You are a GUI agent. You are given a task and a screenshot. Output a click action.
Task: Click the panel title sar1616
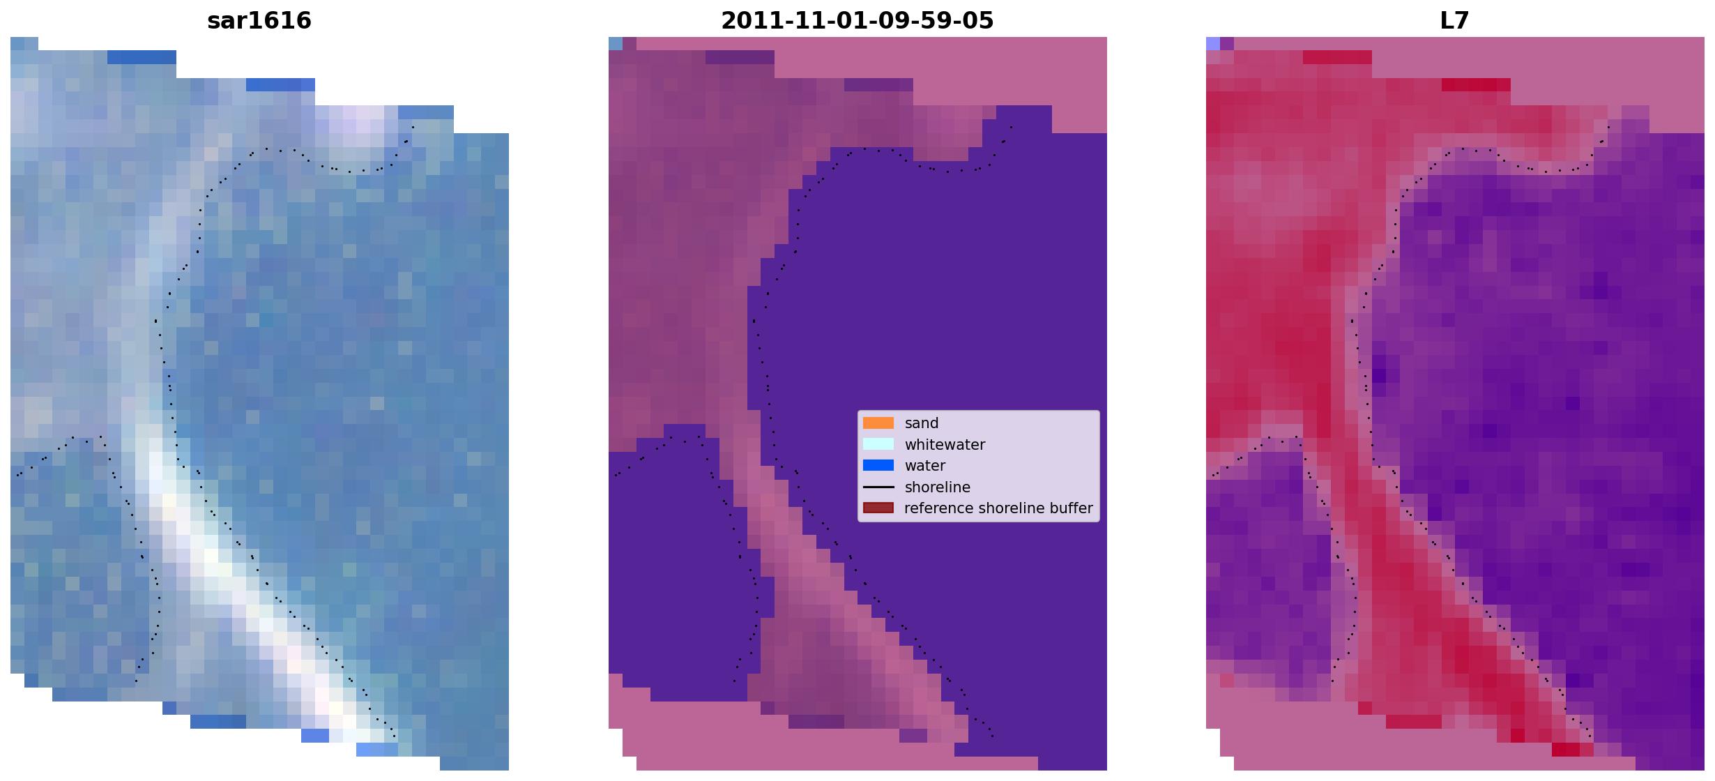pyautogui.click(x=259, y=20)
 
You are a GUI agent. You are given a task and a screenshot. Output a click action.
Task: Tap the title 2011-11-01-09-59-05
pyautogui.click(x=857, y=20)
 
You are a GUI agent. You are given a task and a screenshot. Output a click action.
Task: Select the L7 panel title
pyautogui.click(x=1455, y=20)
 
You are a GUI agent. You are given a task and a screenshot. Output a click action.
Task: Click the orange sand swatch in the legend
pyautogui.click(x=878, y=423)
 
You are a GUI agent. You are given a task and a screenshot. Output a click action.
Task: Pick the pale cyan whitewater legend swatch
pyautogui.click(x=878, y=444)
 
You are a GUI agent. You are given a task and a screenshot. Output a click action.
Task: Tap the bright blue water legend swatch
pyautogui.click(x=878, y=465)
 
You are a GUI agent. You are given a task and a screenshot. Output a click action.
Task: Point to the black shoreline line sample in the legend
pyautogui.click(x=878, y=487)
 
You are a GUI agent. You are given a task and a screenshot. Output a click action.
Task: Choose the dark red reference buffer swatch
pyautogui.click(x=878, y=508)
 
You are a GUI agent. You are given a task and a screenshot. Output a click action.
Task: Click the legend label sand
pyautogui.click(x=922, y=423)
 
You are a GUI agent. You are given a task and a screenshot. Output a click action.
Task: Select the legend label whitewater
pyautogui.click(x=945, y=445)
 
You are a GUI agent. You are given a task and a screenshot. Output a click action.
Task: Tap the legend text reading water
pyautogui.click(x=925, y=466)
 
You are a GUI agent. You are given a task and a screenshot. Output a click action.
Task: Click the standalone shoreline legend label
pyautogui.click(x=938, y=487)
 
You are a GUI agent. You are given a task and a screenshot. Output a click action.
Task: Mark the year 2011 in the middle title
pyautogui.click(x=743, y=20)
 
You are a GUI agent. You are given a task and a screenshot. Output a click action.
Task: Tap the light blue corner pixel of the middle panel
pyautogui.click(x=616, y=43)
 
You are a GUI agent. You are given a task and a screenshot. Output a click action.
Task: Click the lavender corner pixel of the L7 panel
pyautogui.click(x=1213, y=43)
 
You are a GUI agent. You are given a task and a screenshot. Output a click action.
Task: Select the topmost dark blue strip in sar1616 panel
pyautogui.click(x=142, y=57)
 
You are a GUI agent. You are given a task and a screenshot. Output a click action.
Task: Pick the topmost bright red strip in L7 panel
pyautogui.click(x=1337, y=57)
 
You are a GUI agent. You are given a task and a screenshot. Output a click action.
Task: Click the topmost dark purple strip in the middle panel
pyautogui.click(x=740, y=57)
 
